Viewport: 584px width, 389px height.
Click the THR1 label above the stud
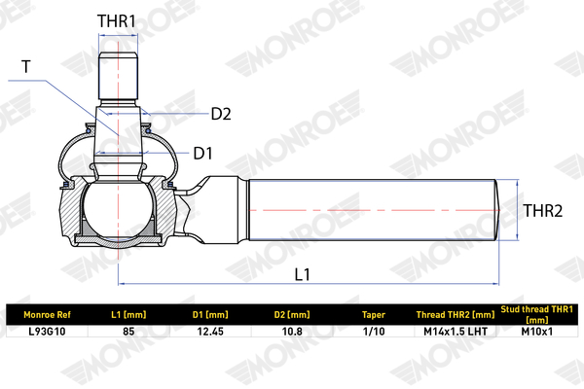point(117,21)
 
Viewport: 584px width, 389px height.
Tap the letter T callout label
point(25,67)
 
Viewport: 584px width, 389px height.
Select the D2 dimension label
point(221,114)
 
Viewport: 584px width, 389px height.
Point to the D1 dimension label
point(203,154)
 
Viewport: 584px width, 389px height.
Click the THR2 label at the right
point(543,211)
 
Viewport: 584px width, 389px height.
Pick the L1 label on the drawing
point(303,274)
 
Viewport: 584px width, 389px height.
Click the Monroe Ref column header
point(47,315)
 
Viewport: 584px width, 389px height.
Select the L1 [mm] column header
point(128,315)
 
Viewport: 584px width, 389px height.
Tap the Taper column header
point(374,315)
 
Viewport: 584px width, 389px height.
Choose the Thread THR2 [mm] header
point(456,315)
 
